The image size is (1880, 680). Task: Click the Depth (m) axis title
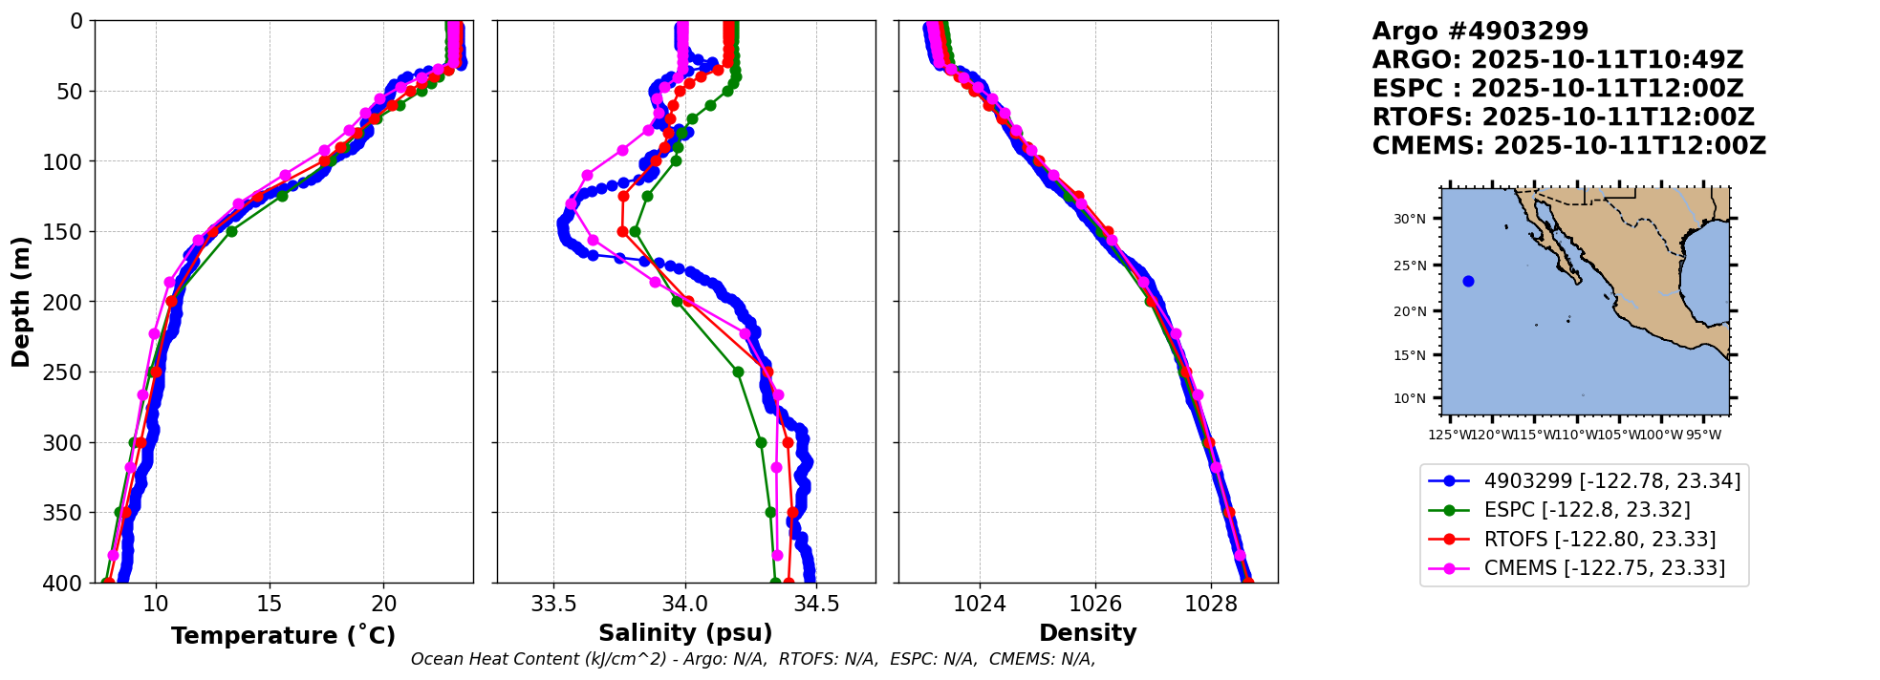(21, 302)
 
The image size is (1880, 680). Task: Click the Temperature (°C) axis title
(283, 636)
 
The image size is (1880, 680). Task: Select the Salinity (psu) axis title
(685, 633)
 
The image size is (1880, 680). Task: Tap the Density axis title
(1088, 633)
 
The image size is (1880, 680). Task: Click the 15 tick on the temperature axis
(270, 604)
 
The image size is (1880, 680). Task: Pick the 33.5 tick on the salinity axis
(553, 604)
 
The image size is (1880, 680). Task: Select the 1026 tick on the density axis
(1095, 604)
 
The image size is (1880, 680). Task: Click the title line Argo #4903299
(1480, 32)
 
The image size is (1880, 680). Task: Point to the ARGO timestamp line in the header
(1557, 60)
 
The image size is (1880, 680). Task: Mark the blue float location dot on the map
(1468, 281)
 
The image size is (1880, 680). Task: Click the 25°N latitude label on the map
(1409, 266)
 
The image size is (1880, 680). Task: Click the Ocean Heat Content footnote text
(752, 659)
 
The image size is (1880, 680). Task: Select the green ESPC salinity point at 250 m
(738, 372)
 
